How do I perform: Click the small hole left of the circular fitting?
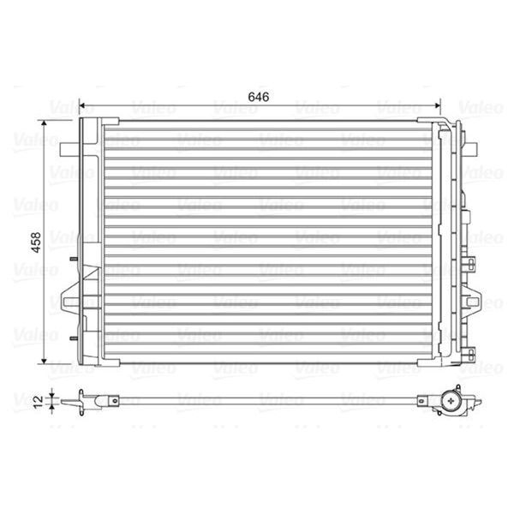click(422, 398)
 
